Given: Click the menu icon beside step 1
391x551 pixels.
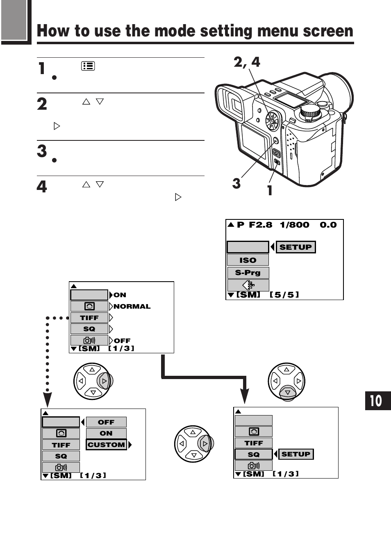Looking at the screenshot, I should tap(88, 66).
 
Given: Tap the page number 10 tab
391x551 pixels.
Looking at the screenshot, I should tap(377, 400).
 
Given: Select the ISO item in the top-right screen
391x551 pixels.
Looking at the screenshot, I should tap(248, 260).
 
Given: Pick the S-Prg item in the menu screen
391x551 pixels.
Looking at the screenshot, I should tap(248, 273).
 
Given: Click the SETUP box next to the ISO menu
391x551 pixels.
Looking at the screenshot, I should tap(296, 247).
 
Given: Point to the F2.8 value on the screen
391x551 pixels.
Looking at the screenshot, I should tap(260, 225).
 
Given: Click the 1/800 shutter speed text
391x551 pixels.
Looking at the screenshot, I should tap(294, 225).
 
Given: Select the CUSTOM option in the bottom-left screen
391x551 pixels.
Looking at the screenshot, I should tap(106, 445).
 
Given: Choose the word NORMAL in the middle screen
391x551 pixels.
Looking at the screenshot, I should tap(132, 306).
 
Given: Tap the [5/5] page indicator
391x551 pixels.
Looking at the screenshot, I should tap(284, 295).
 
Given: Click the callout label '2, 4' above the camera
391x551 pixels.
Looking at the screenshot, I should tap(247, 62).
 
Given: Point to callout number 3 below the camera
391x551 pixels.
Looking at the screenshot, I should tap(236, 183).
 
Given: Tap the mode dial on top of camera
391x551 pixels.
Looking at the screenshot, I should tap(310, 113).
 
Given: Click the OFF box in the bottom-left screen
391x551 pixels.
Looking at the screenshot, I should tap(106, 422).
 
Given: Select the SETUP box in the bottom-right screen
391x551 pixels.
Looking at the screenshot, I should tap(296, 454).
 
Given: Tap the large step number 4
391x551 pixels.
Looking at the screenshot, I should tap(42, 187).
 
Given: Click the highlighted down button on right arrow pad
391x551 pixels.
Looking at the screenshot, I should tap(287, 393).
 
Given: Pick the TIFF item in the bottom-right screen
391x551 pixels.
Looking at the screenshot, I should tap(253, 443).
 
